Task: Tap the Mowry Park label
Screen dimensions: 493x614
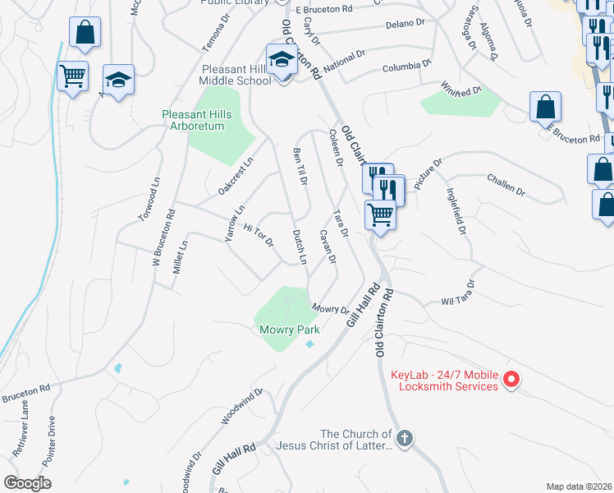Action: point(289,329)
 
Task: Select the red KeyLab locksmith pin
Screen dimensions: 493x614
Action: point(511,379)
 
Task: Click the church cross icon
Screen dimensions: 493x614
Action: point(404,439)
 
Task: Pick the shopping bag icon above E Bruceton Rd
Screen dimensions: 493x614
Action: point(545,107)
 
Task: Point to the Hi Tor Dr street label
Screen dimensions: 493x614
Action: point(258,237)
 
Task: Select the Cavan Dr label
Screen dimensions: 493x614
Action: point(328,247)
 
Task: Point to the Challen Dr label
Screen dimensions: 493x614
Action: point(505,184)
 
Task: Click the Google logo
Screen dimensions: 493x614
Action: point(27,483)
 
